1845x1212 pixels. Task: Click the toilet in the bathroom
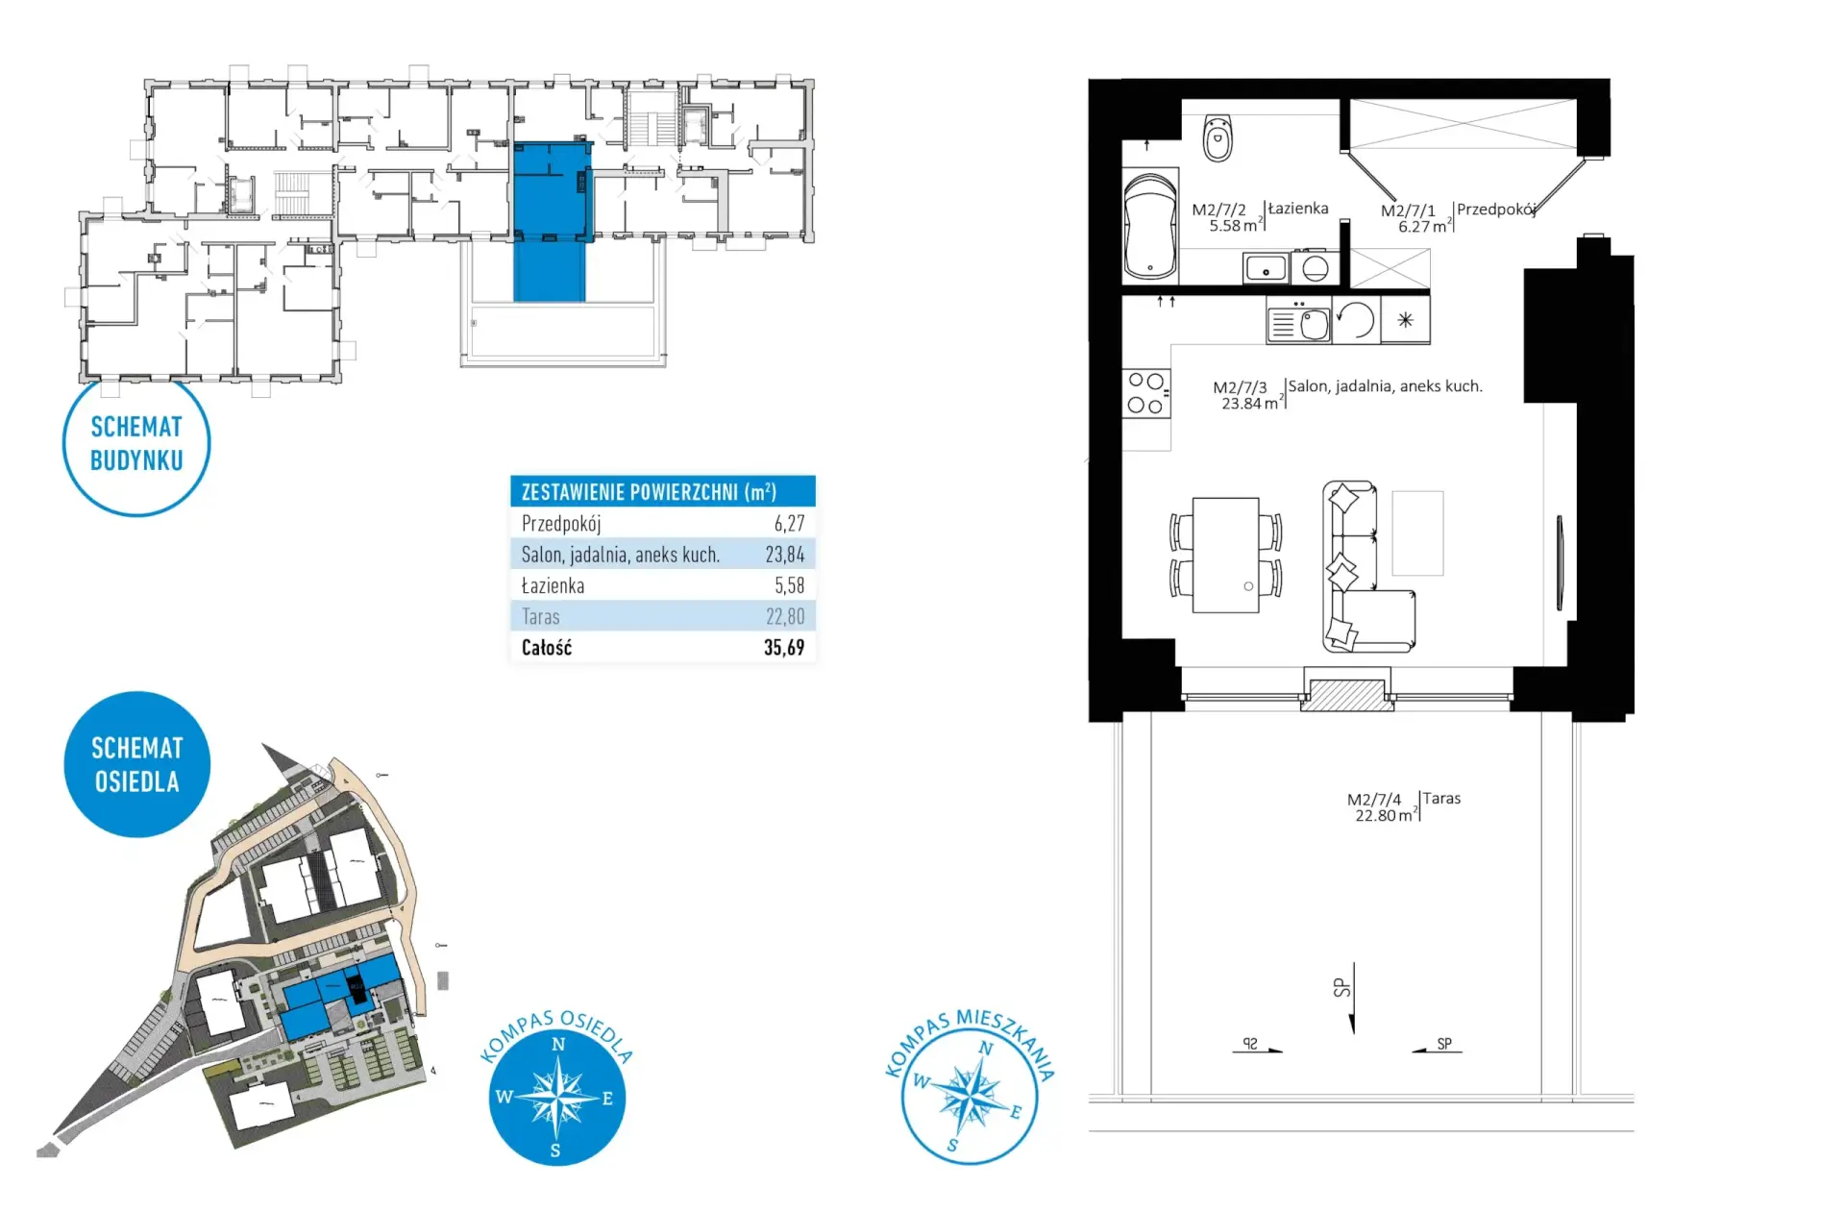click(1218, 138)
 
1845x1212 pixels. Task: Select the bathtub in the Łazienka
click(1149, 226)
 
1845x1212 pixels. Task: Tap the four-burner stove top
click(1145, 393)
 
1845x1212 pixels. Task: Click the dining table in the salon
click(1225, 555)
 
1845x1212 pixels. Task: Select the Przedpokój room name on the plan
click(1496, 210)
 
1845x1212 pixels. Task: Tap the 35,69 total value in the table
click(784, 648)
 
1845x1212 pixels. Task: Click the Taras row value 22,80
click(785, 616)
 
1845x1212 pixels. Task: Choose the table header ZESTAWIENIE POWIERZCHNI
click(649, 492)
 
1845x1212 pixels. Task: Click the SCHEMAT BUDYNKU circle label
click(136, 444)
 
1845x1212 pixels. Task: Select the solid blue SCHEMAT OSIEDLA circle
click(136, 764)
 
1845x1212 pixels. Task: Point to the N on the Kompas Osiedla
click(558, 1045)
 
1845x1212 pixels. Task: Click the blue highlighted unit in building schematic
click(551, 221)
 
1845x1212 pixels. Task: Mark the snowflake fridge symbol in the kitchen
click(1405, 320)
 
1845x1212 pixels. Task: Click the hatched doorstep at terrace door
click(1346, 695)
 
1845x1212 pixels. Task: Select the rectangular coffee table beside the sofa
click(1417, 533)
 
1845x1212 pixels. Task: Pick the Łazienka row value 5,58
click(789, 585)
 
